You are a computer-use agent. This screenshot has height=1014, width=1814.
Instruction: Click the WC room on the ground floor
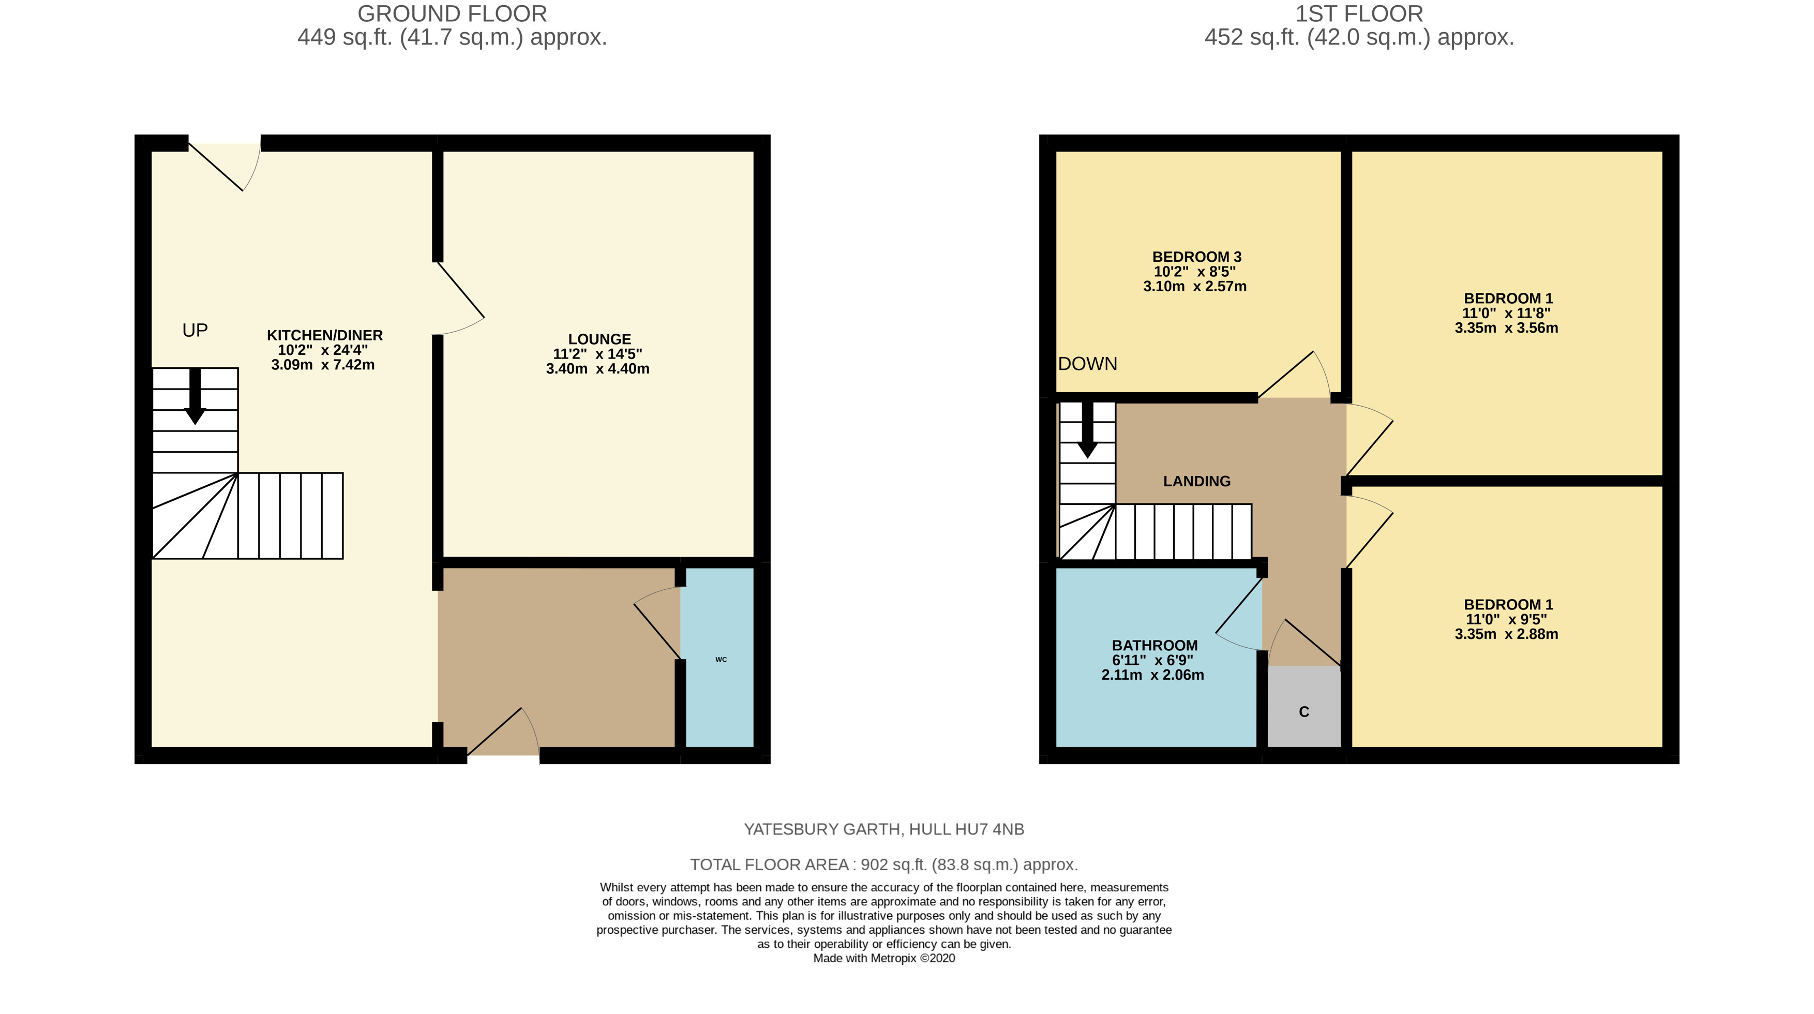[x=719, y=657]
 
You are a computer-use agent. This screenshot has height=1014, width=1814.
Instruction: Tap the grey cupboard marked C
[x=1304, y=706]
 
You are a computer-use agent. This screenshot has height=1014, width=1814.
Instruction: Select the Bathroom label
[x=1154, y=645]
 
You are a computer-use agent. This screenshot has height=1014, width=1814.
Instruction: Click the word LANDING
[x=1196, y=481]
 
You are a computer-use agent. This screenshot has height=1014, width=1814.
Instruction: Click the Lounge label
[x=599, y=339]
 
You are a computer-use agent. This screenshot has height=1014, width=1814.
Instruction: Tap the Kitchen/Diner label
[x=325, y=335]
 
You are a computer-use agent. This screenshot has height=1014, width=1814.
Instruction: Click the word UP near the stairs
[x=195, y=330]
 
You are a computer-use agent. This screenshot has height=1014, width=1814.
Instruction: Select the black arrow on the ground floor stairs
[x=195, y=396]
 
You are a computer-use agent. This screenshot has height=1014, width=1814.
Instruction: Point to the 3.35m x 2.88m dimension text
[x=1506, y=634]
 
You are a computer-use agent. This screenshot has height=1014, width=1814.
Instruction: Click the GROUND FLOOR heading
[x=452, y=13]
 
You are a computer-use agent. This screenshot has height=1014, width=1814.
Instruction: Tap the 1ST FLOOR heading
[x=1359, y=13]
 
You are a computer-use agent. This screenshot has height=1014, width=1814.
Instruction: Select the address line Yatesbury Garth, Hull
[x=884, y=829]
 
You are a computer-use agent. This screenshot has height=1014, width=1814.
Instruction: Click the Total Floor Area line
[x=884, y=864]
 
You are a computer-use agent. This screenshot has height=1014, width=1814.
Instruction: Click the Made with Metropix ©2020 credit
[x=884, y=958]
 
